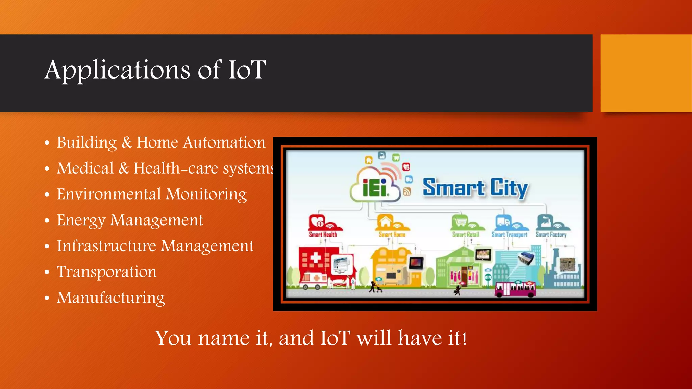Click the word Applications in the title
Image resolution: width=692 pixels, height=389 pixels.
pos(117,70)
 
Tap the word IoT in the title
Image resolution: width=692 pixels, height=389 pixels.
pos(247,70)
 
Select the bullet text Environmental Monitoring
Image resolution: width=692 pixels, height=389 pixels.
pos(152,194)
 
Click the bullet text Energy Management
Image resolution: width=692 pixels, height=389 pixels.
pos(130,221)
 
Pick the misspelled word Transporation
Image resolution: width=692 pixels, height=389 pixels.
pos(106,272)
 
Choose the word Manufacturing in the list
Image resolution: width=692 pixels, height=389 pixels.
pos(111,298)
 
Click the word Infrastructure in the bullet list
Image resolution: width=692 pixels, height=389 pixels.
pos(106,246)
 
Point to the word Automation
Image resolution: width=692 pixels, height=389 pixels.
pos(224,142)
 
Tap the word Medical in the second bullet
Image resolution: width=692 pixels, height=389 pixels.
pos(85,168)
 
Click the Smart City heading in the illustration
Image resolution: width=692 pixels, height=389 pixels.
pos(475,188)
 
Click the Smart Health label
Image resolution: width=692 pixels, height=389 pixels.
pos(323,234)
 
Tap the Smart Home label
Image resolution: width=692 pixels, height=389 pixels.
pos(392,234)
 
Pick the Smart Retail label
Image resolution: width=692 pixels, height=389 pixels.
pos(466,234)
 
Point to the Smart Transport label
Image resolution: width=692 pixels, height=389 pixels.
pos(509,234)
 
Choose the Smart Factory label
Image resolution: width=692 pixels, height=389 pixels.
pos(551,234)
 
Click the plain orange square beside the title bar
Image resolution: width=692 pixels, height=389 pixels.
pos(646,73)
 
